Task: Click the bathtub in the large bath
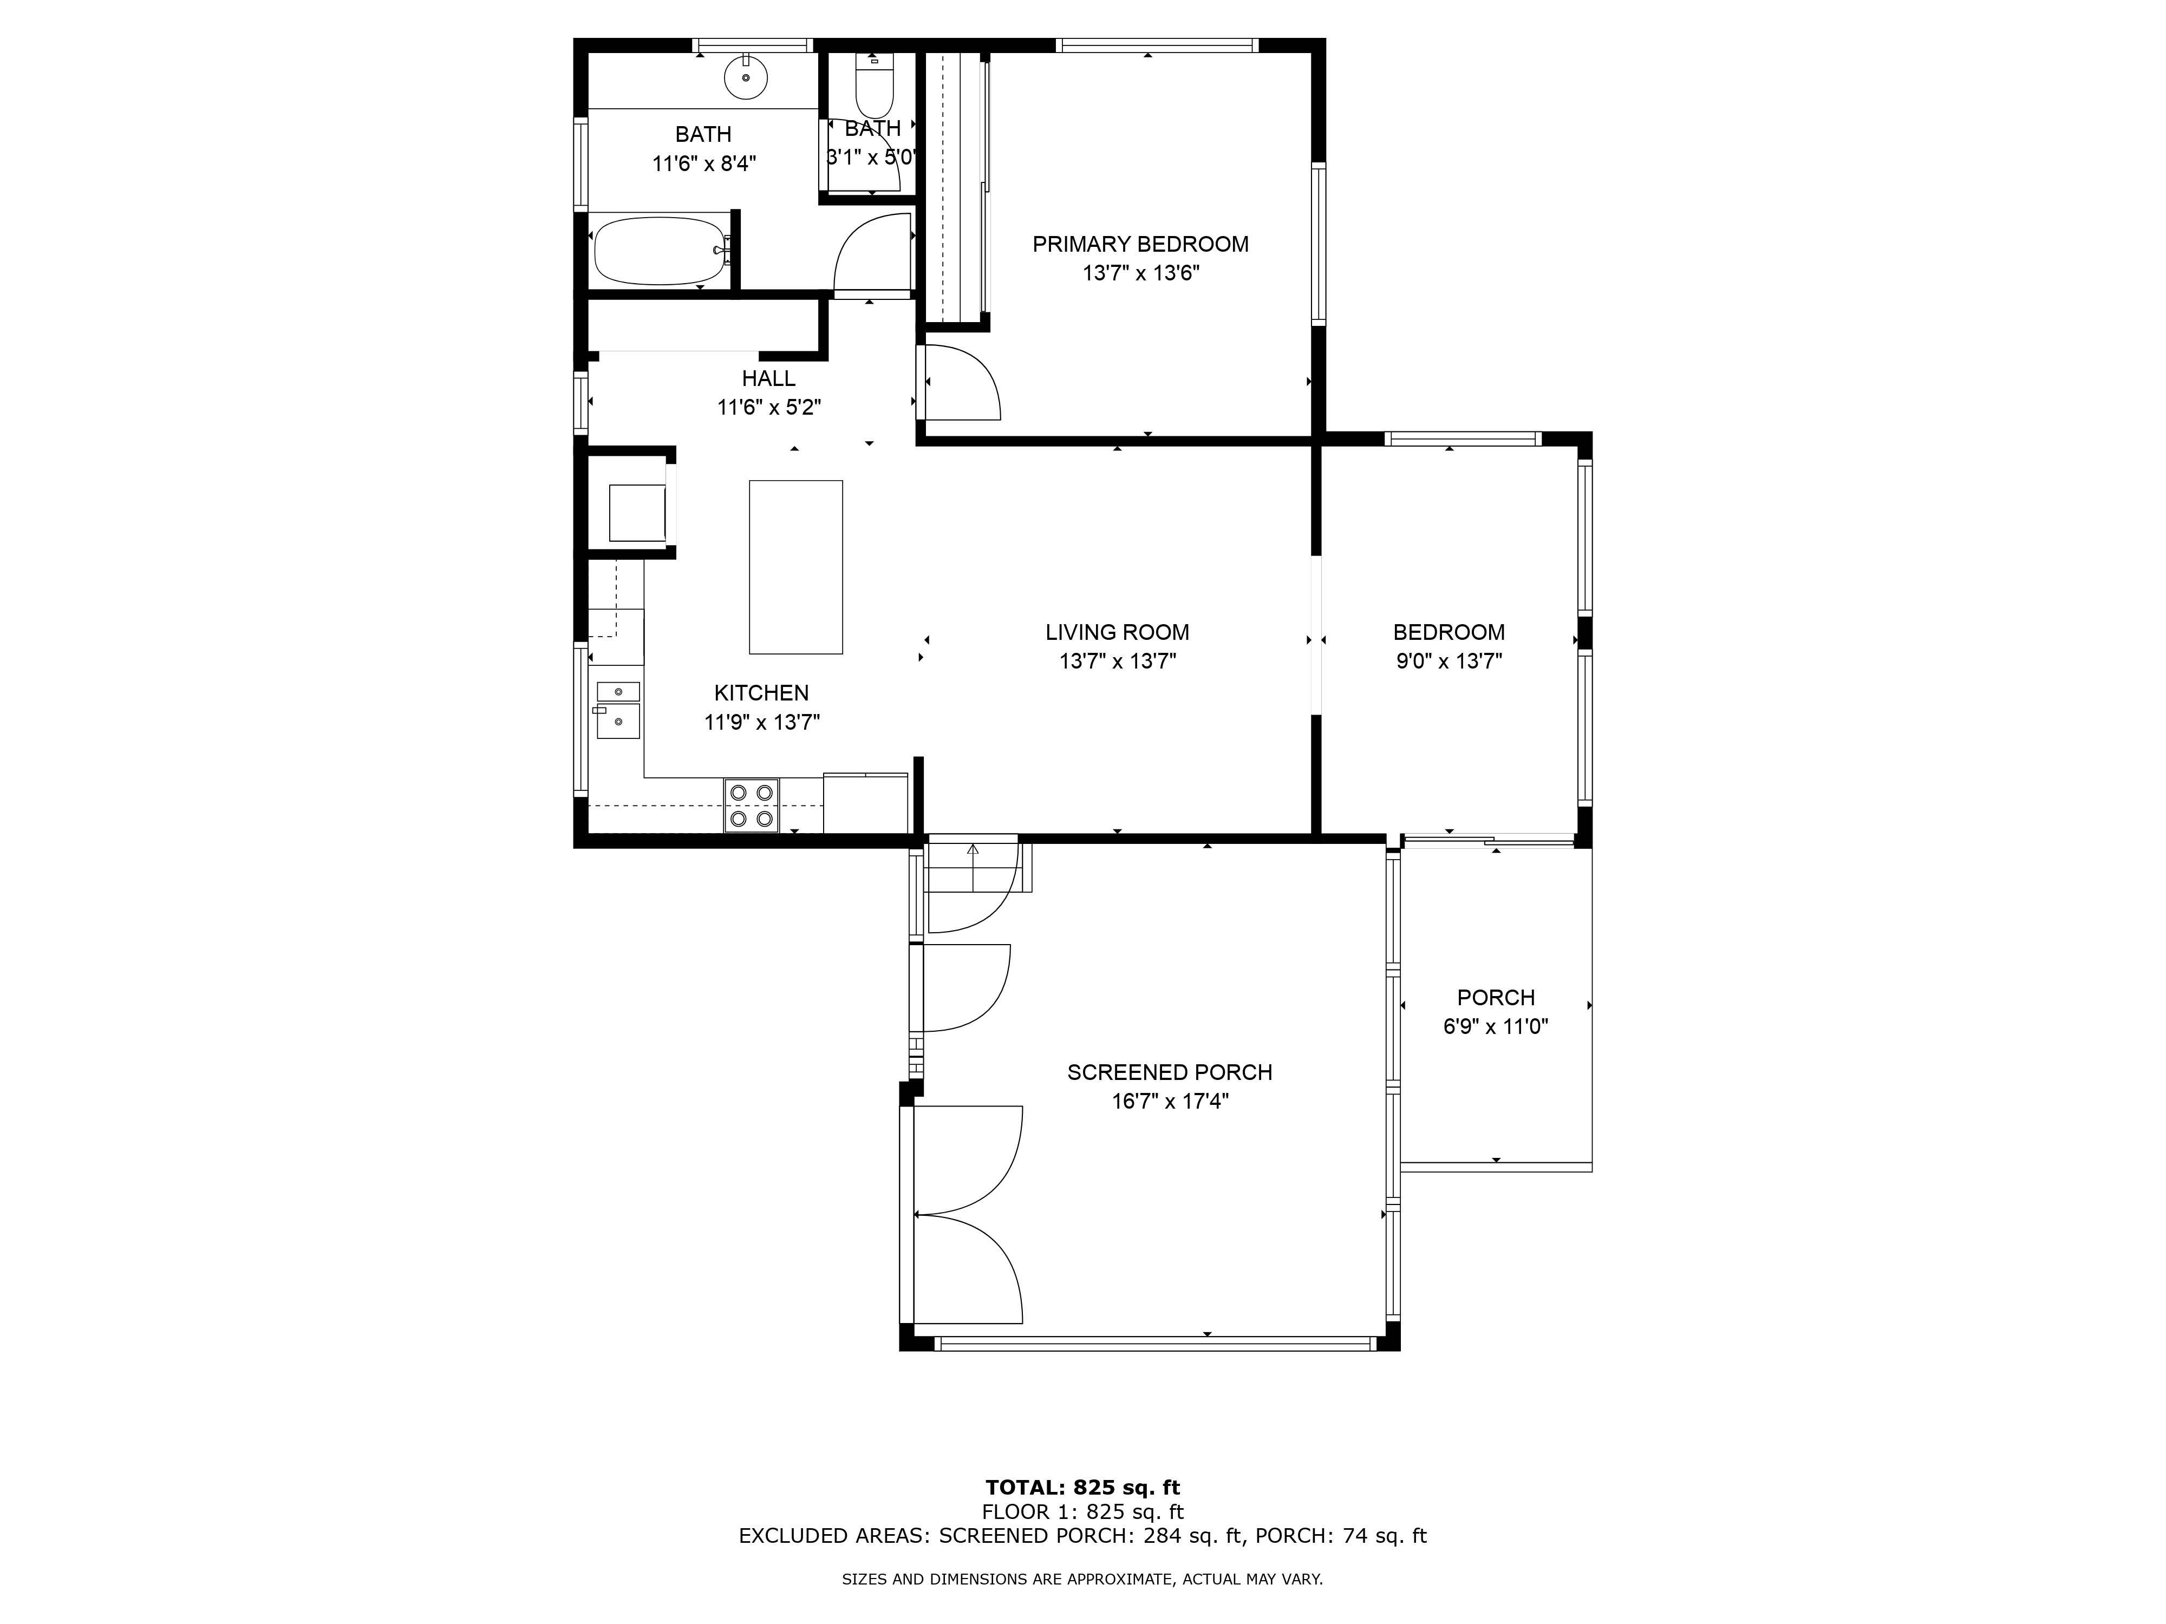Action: [659, 251]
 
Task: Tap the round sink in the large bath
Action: [746, 77]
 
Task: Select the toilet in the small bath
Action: [875, 88]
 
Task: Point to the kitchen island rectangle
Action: [795, 567]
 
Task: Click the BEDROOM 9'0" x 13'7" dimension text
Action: [1449, 661]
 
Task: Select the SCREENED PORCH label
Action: [1169, 1072]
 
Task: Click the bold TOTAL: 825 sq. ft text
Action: [1082, 1488]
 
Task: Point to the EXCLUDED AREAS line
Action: [1082, 1536]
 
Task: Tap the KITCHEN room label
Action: [761, 693]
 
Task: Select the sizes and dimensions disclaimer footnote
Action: [1082, 1579]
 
